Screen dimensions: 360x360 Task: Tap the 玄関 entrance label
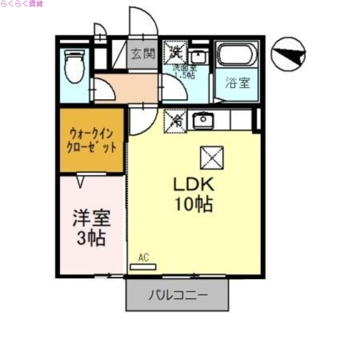[143, 54]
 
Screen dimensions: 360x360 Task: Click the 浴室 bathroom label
[237, 83]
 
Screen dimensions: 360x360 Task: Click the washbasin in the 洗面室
[197, 57]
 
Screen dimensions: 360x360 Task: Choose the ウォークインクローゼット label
[92, 140]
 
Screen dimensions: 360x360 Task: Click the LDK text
[193, 185]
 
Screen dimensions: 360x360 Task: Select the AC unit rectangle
[143, 267]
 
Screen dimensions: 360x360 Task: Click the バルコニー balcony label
[178, 295]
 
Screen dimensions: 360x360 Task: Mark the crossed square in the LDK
[211, 157]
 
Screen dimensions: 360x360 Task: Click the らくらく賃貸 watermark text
[22, 4]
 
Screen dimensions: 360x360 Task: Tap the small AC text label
[143, 258]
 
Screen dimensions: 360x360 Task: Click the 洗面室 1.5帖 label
[185, 72]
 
